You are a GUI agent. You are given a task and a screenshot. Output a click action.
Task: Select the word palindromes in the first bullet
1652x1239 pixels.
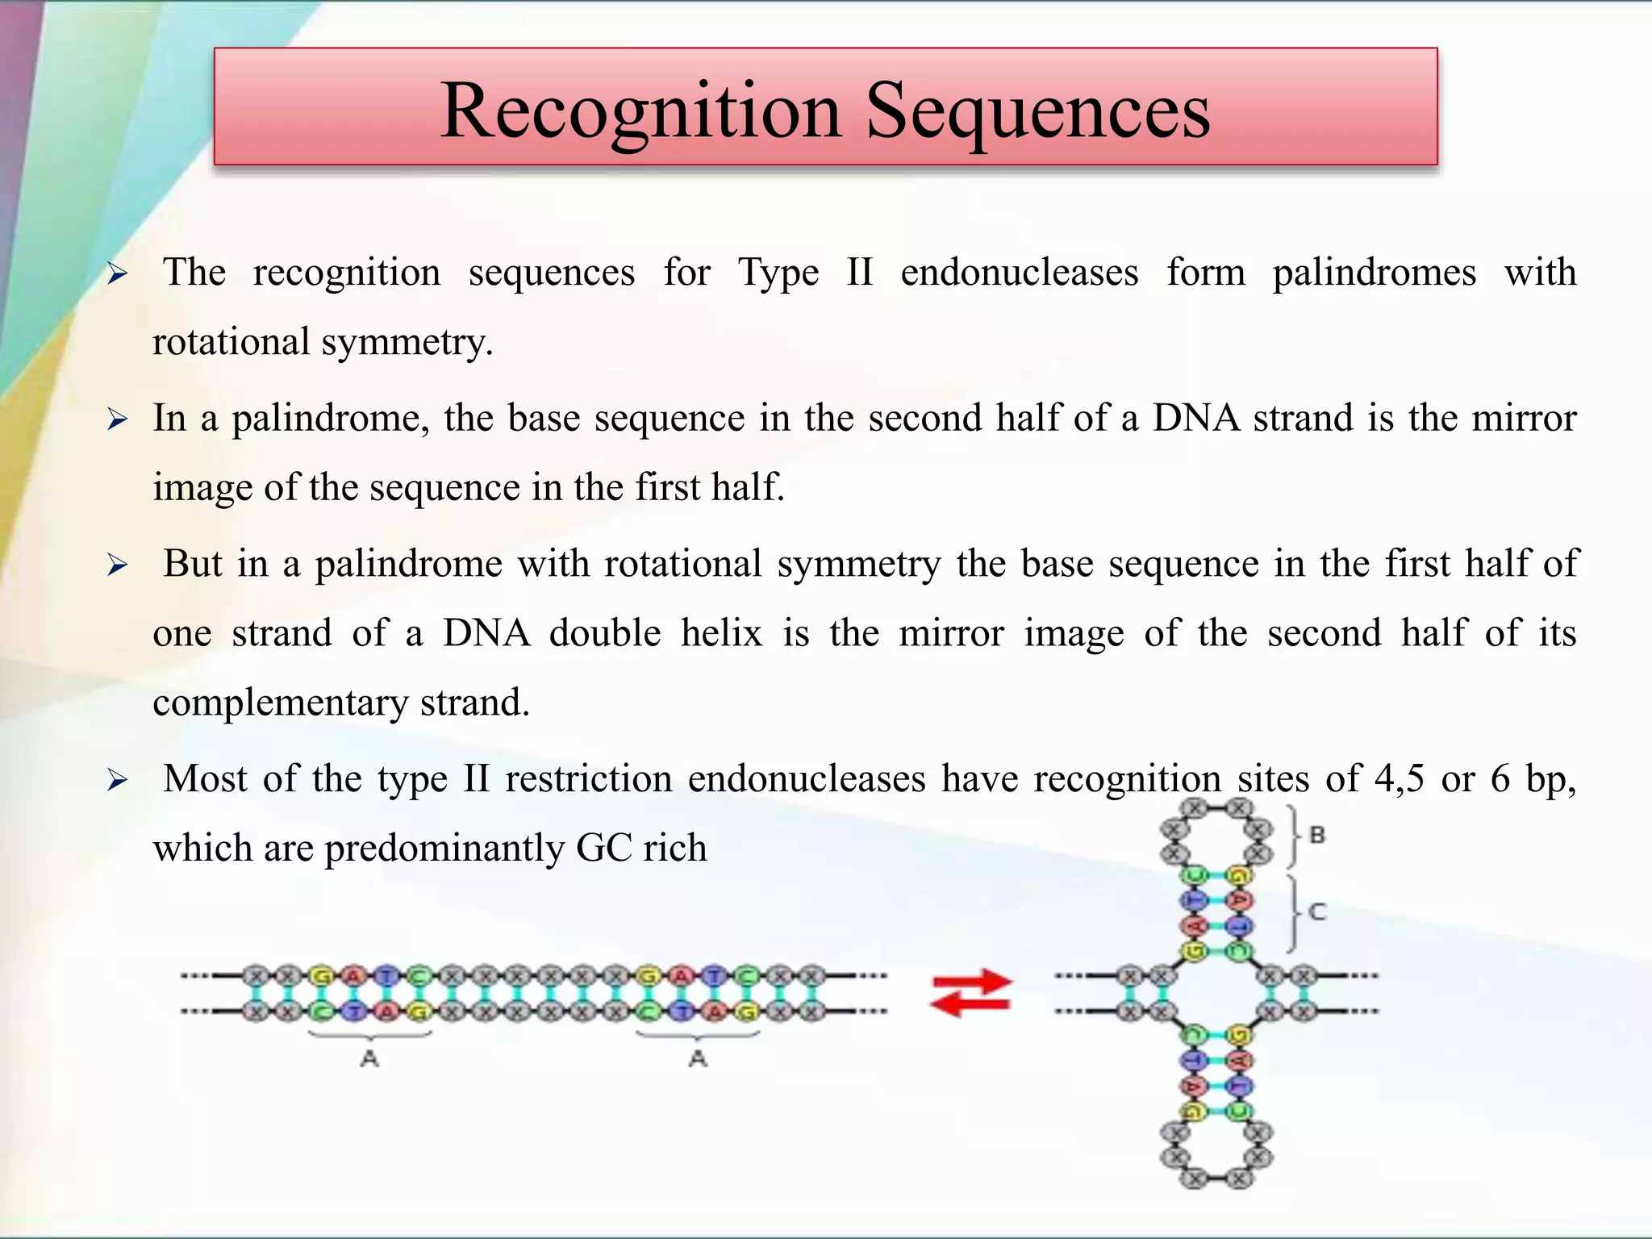(x=1374, y=273)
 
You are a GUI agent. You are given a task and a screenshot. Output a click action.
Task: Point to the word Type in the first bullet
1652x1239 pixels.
(x=778, y=273)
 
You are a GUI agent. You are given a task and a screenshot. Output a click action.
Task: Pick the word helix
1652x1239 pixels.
(x=721, y=632)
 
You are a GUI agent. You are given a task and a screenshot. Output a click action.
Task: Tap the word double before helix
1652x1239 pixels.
(x=605, y=632)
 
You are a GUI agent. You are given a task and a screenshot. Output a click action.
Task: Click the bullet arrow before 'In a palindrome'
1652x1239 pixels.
(x=118, y=419)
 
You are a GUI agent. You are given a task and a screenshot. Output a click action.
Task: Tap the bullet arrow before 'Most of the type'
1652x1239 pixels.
(x=118, y=780)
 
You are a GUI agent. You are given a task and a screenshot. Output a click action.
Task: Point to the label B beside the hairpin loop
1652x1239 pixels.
(x=1317, y=835)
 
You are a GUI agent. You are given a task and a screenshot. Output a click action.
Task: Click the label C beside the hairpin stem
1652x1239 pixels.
(x=1317, y=912)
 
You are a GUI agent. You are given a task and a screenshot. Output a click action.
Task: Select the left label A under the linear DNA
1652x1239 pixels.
(x=369, y=1058)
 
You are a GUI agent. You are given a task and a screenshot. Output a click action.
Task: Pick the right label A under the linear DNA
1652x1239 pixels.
(x=698, y=1058)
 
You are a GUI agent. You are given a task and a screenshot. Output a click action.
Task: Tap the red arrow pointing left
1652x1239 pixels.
(x=968, y=1003)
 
